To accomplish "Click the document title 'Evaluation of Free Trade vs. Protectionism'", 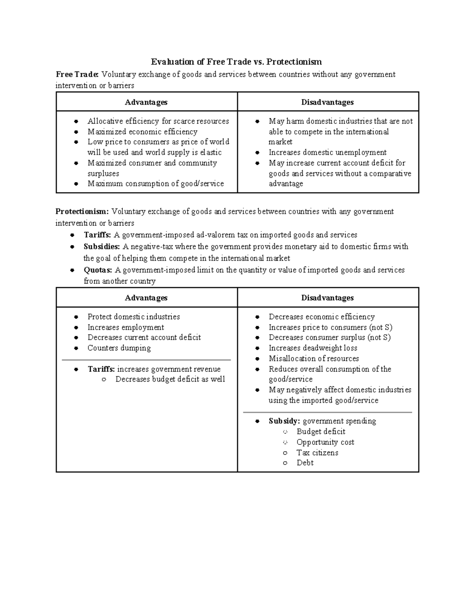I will point(236,62).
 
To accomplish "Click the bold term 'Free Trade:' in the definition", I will point(77,74).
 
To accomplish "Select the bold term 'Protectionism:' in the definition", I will point(82,212).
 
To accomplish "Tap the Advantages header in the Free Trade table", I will point(146,102).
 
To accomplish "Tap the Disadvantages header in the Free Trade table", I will point(327,102).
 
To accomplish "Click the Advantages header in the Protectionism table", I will point(146,298).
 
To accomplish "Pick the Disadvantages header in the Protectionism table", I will point(327,298).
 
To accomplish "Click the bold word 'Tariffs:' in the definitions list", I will point(98,235).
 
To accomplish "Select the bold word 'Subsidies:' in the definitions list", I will point(102,247).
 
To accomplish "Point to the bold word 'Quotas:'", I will point(98,270).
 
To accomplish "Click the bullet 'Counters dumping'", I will point(119,348).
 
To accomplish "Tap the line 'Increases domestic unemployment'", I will point(327,152).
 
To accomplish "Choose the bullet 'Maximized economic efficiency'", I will point(142,132).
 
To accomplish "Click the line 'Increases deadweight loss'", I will point(313,348).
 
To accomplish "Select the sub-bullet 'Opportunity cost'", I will point(325,442).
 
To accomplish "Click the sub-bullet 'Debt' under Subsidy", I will point(305,463).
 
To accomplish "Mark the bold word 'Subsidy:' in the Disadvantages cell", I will point(284,421).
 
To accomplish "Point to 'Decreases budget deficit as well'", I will point(170,379).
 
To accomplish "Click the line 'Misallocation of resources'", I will point(314,358).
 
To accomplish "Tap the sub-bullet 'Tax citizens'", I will point(317,453).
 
